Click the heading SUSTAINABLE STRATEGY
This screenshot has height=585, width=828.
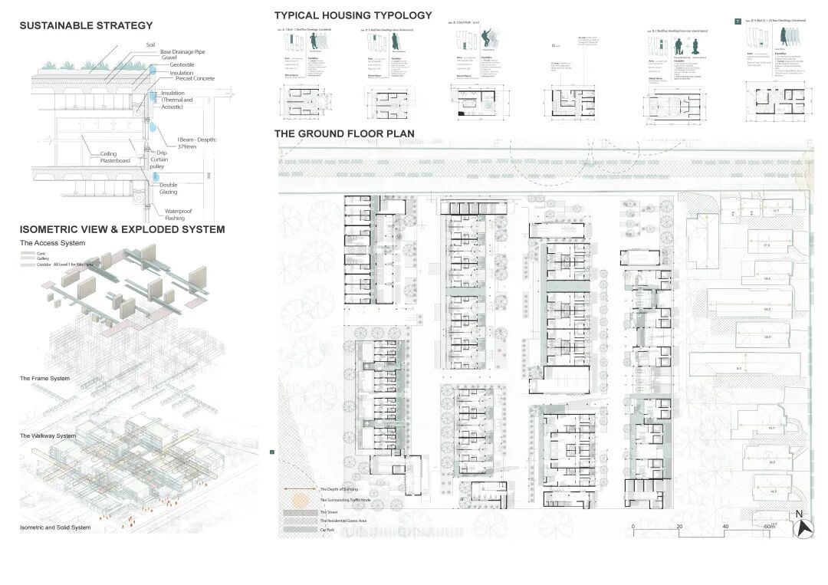(x=86, y=26)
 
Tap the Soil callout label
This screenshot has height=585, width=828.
(x=150, y=45)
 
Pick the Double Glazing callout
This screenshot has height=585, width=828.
(x=168, y=188)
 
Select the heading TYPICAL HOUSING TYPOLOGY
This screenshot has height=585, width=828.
(x=353, y=15)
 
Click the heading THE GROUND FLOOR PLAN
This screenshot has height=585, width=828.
(x=344, y=133)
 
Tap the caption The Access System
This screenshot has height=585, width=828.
(x=52, y=243)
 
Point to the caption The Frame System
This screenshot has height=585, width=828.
(x=44, y=379)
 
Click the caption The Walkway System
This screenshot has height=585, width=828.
(x=48, y=435)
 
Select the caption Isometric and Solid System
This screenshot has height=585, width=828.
(x=55, y=527)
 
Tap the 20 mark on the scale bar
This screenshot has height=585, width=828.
(x=679, y=527)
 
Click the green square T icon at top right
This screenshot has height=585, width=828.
(x=738, y=21)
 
